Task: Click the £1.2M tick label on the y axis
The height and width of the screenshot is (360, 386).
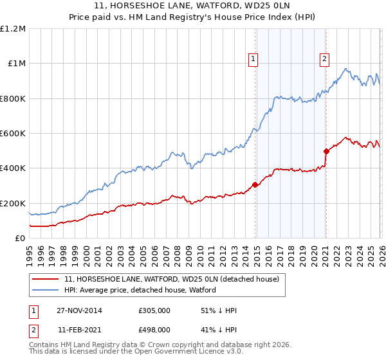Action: (14, 29)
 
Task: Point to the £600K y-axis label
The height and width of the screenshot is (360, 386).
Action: (14, 134)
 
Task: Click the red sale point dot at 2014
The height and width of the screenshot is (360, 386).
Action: (255, 184)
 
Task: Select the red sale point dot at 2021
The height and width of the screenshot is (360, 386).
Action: (326, 151)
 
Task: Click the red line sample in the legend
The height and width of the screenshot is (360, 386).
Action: (46, 279)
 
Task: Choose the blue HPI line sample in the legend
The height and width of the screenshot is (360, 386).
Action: (46, 290)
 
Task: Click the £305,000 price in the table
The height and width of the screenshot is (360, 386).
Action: (154, 310)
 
